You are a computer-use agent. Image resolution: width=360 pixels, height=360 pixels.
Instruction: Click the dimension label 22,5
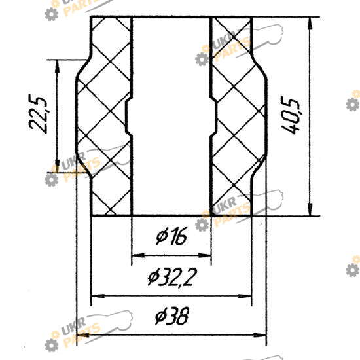click(38, 114)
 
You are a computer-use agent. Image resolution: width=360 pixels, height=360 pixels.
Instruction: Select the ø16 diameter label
click(171, 236)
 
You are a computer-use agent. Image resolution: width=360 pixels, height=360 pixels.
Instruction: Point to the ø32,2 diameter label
click(172, 277)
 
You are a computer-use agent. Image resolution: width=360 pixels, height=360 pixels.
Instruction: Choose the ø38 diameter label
click(171, 316)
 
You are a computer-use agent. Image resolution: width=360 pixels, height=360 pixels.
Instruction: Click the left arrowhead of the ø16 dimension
click(139, 255)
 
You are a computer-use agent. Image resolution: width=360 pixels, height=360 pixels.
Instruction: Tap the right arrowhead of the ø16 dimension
click(204, 255)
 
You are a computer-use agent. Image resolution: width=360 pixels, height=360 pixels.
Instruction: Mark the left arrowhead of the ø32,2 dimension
click(98, 296)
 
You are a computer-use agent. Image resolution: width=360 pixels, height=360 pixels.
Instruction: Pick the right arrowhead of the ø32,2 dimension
click(245, 296)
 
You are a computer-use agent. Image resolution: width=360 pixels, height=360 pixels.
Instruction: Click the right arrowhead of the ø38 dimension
click(259, 335)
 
